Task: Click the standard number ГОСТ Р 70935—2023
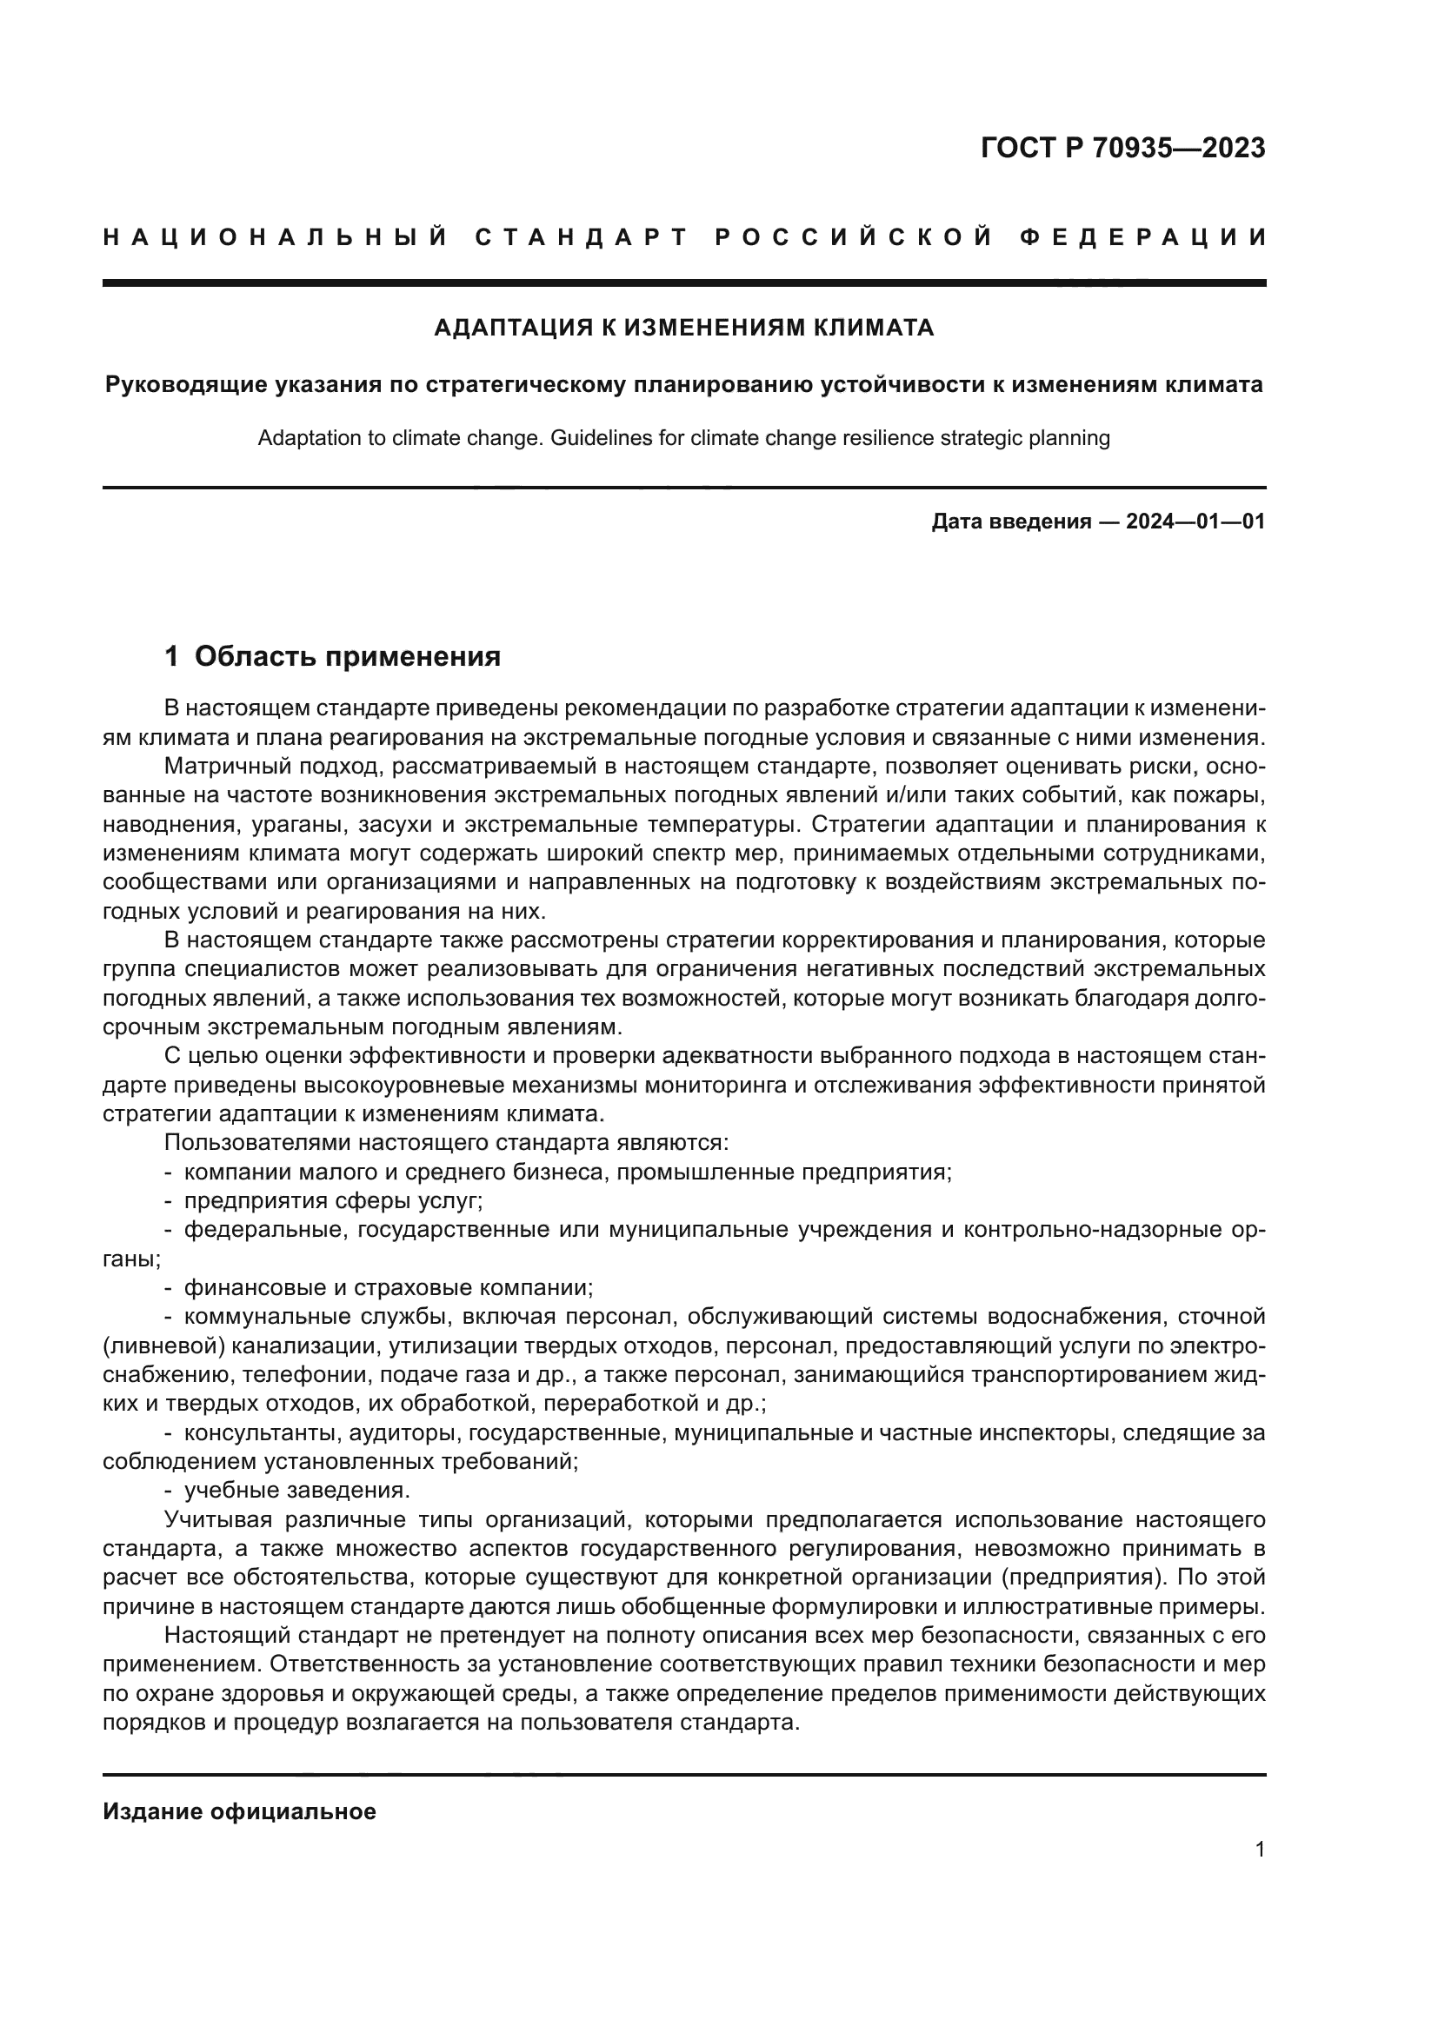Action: click(x=1122, y=148)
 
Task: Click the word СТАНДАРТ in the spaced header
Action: click(x=581, y=237)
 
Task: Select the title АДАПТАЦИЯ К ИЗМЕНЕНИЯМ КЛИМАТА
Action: click(x=683, y=329)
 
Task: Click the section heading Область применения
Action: click(x=347, y=656)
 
